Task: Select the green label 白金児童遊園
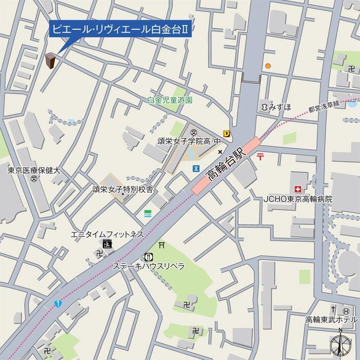(x=170, y=101)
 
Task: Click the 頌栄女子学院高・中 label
(x=189, y=140)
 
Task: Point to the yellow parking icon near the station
(x=226, y=133)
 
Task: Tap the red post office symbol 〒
(x=261, y=157)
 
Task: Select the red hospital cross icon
(x=297, y=189)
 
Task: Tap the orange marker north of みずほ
(x=267, y=66)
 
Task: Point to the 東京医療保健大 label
(x=34, y=170)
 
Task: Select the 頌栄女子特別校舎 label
(x=123, y=189)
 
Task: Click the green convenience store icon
(x=148, y=213)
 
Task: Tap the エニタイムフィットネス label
(x=107, y=235)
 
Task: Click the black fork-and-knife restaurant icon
(x=149, y=257)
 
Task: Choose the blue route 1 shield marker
(x=59, y=304)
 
